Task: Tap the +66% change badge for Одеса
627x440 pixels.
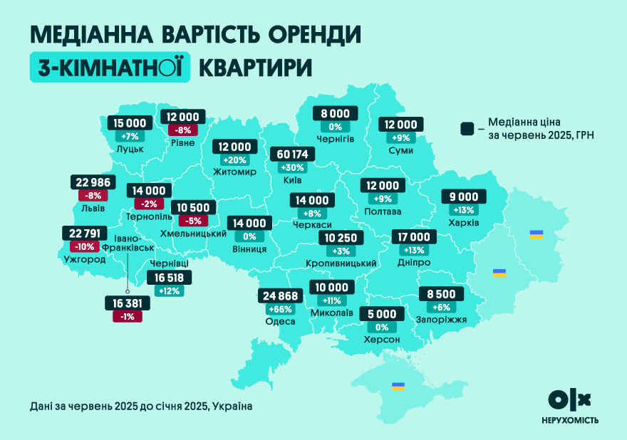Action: tap(280, 309)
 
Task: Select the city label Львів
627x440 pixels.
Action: tap(93, 209)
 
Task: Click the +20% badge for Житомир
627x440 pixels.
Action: tap(234, 159)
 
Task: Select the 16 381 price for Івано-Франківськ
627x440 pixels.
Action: tap(127, 303)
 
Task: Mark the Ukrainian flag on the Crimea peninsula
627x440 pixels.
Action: tap(398, 387)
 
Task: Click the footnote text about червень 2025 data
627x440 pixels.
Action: tap(141, 406)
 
